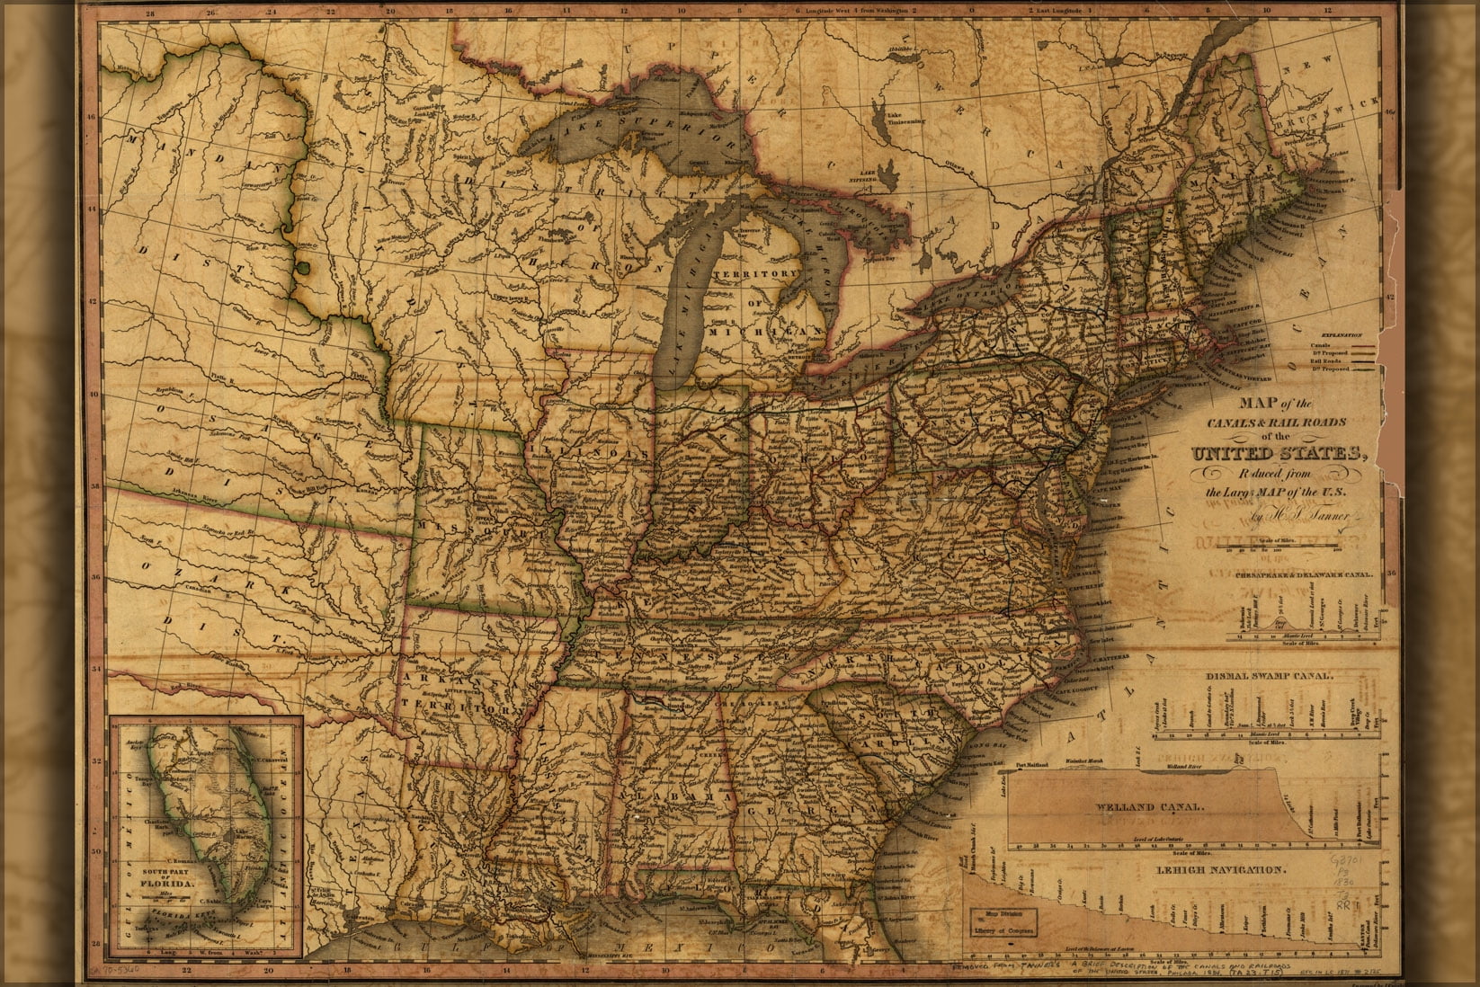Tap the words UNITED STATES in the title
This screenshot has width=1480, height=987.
pyautogui.click(x=1279, y=453)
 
